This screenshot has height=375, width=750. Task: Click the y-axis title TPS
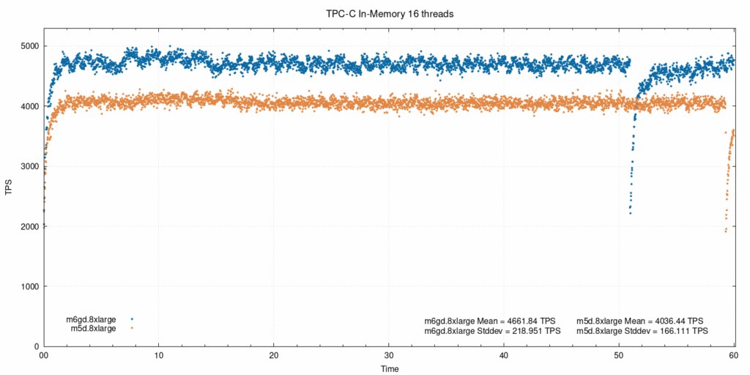click(x=9, y=187)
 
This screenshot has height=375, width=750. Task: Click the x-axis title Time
click(x=390, y=368)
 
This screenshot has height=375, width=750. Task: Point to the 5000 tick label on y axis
click(x=29, y=46)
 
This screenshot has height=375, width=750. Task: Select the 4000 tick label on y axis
click(x=29, y=106)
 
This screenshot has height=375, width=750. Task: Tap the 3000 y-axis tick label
click(x=29, y=166)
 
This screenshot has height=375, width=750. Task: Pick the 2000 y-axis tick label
click(x=29, y=226)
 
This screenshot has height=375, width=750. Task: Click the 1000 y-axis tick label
click(x=29, y=286)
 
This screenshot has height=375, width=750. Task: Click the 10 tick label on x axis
click(x=159, y=355)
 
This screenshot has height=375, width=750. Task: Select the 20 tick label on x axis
click(x=274, y=355)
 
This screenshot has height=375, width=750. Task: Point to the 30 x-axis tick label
click(x=389, y=355)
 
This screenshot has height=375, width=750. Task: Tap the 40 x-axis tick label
click(x=504, y=355)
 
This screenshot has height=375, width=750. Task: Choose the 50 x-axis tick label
click(x=619, y=355)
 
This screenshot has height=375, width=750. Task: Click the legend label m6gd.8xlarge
click(x=91, y=319)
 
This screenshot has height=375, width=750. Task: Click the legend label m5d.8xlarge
click(x=93, y=328)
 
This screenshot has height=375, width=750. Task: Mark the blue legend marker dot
click(x=132, y=319)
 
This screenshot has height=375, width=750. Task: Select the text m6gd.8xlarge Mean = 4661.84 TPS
click(x=490, y=321)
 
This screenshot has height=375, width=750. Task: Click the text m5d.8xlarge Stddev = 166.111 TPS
click(x=642, y=331)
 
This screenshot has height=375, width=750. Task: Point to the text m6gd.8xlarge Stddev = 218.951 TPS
click(x=492, y=331)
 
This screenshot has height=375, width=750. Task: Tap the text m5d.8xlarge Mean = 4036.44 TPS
click(x=640, y=321)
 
